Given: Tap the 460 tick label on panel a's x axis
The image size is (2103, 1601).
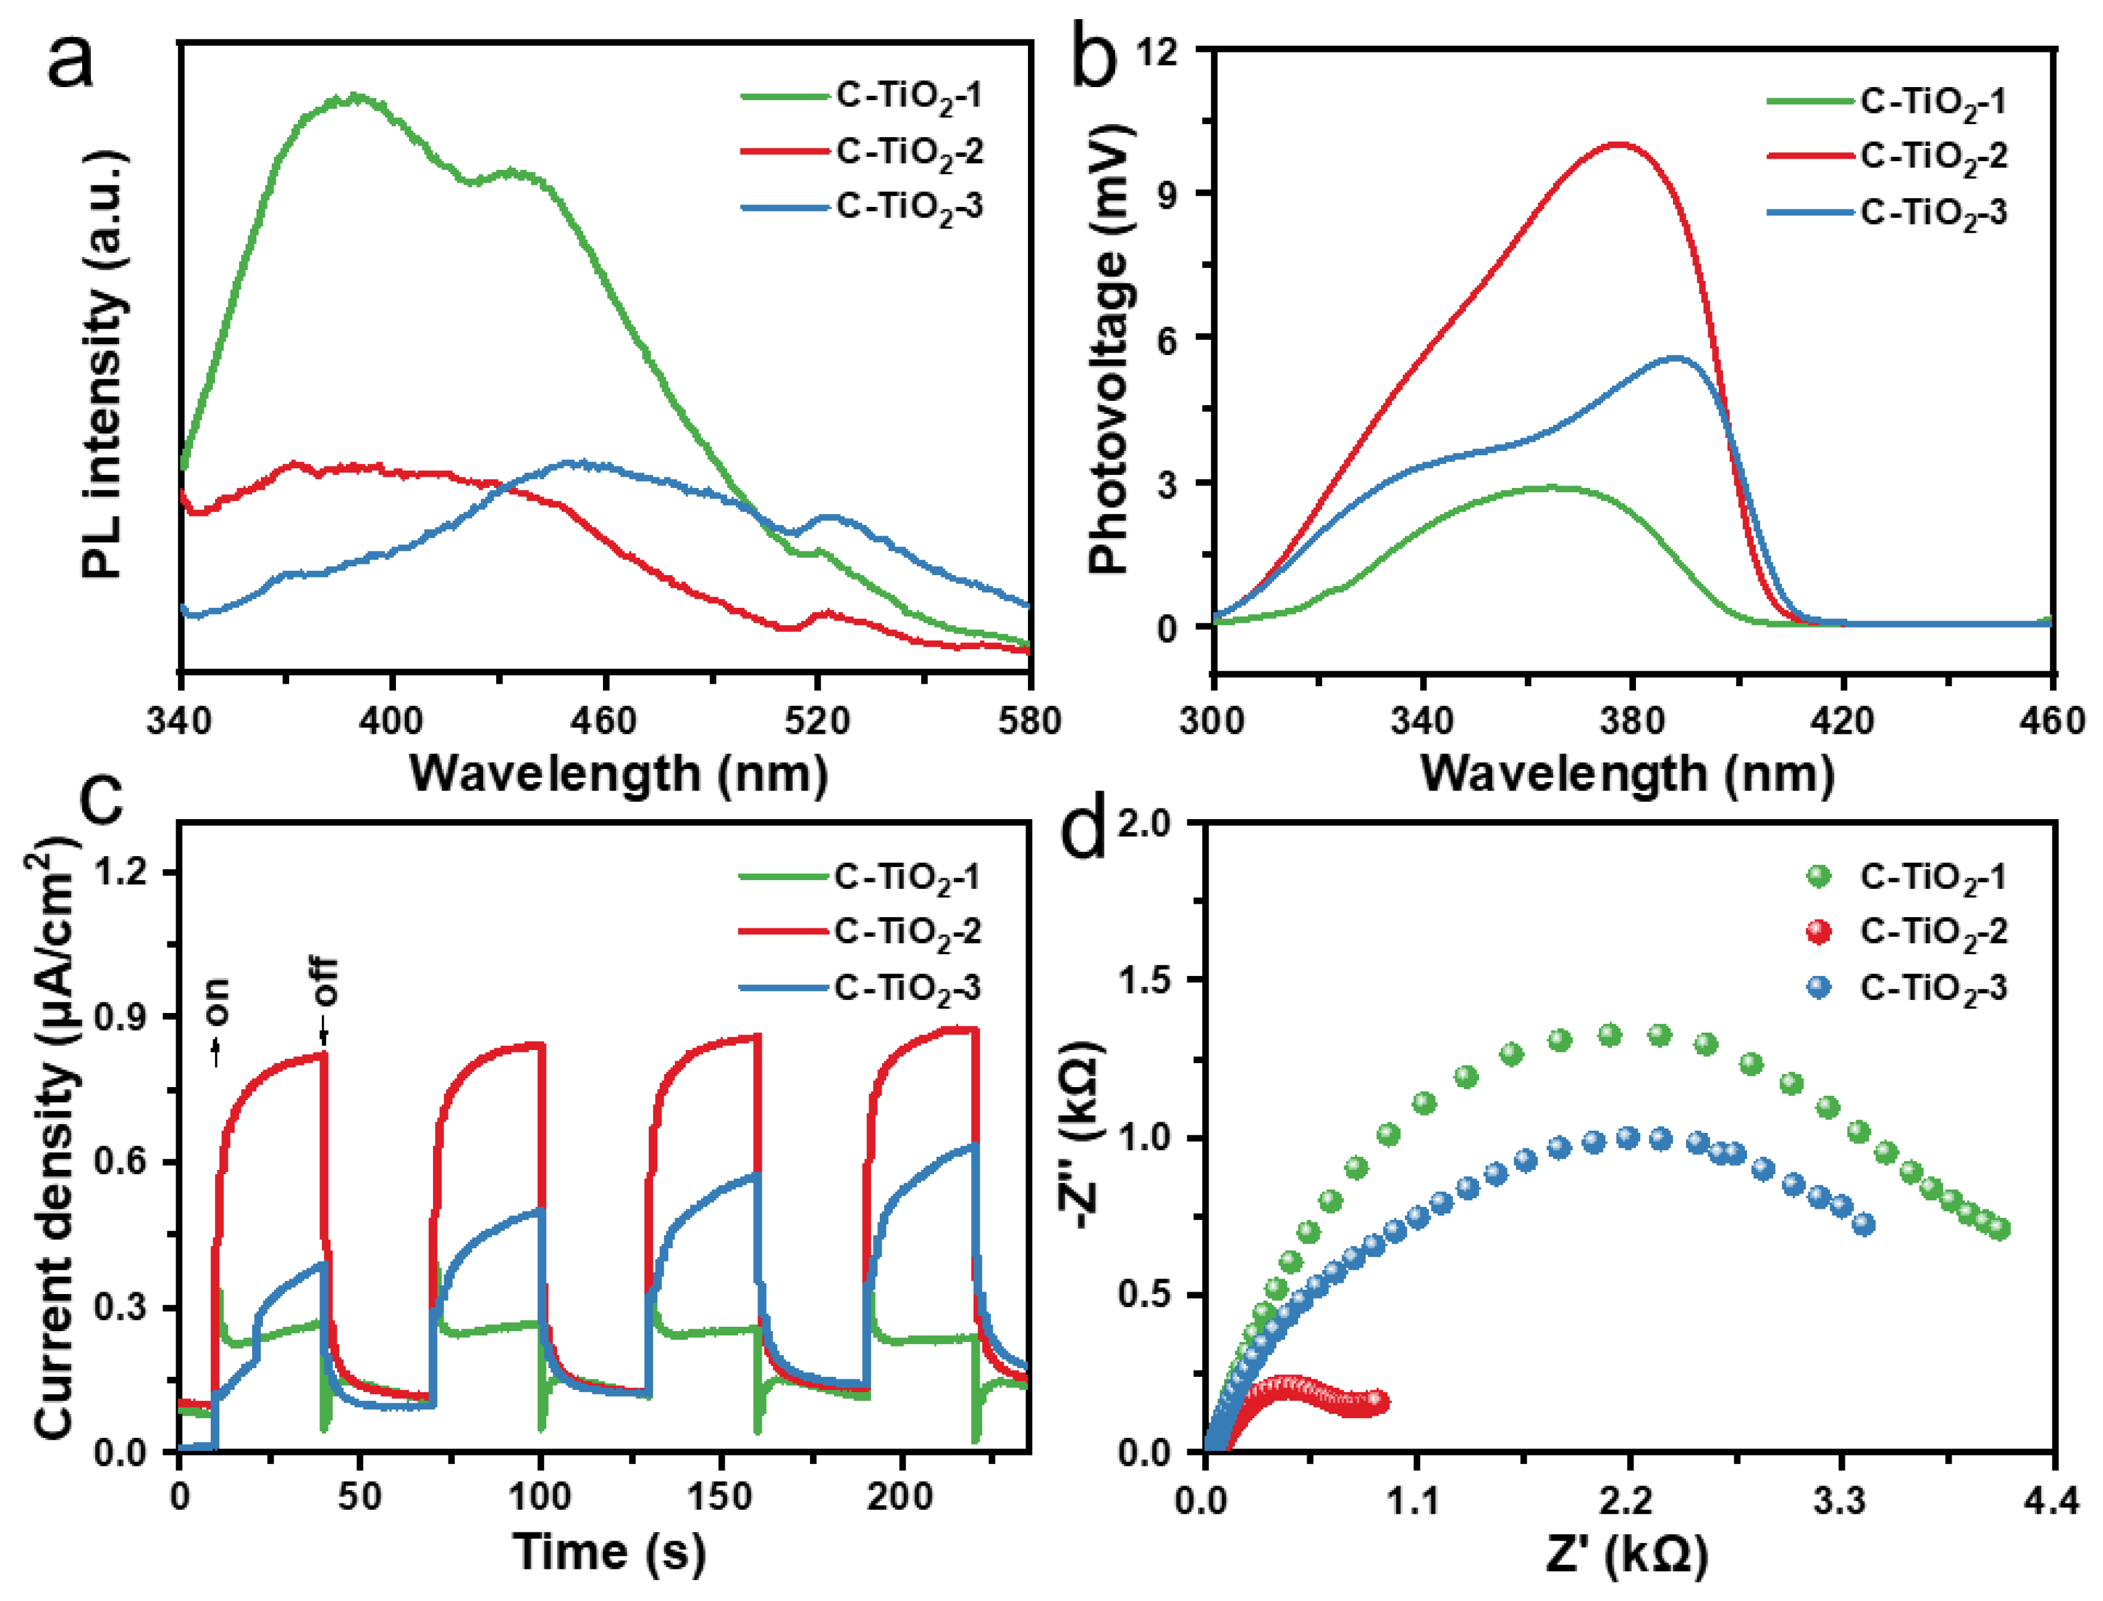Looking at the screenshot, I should coord(604,720).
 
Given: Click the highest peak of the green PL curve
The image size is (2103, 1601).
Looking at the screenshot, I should coord(356,96).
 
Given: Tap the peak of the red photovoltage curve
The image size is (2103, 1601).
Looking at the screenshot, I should coord(1619,144).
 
